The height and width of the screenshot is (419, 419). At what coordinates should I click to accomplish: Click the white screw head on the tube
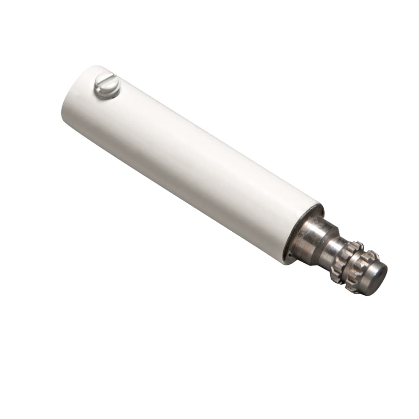[x=107, y=86]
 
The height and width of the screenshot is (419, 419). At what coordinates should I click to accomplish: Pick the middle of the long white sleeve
[x=189, y=163]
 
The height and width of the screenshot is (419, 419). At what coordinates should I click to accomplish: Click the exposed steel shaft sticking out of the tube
[x=335, y=256]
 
